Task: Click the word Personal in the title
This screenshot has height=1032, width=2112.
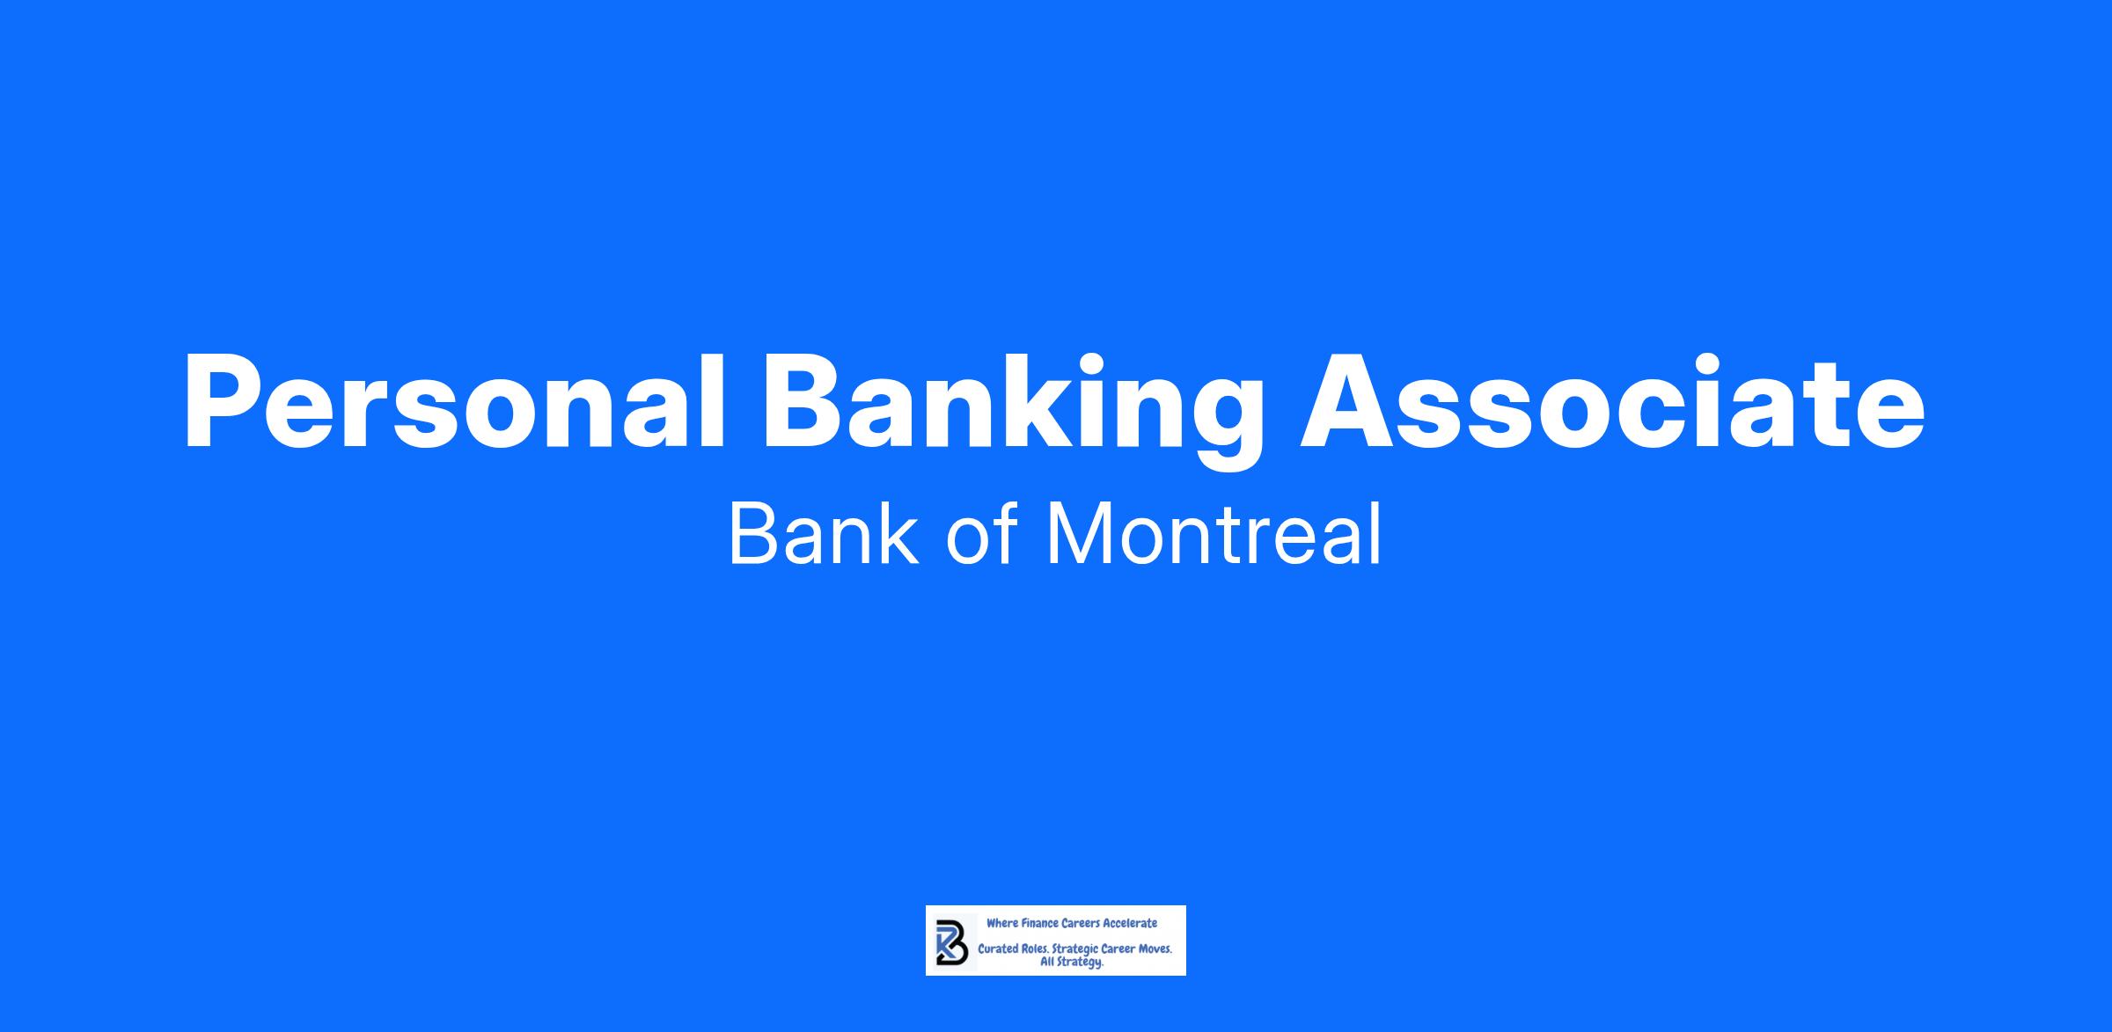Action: click(x=453, y=403)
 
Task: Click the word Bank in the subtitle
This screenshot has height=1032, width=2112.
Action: click(x=824, y=534)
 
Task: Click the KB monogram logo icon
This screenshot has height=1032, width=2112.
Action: click(x=951, y=941)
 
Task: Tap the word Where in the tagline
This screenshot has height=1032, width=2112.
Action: click(x=1002, y=924)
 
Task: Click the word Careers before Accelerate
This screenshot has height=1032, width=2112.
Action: click(x=1081, y=924)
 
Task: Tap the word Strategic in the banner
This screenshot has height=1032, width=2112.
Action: click(x=1076, y=951)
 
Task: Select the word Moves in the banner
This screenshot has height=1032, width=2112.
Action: click(x=1155, y=950)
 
